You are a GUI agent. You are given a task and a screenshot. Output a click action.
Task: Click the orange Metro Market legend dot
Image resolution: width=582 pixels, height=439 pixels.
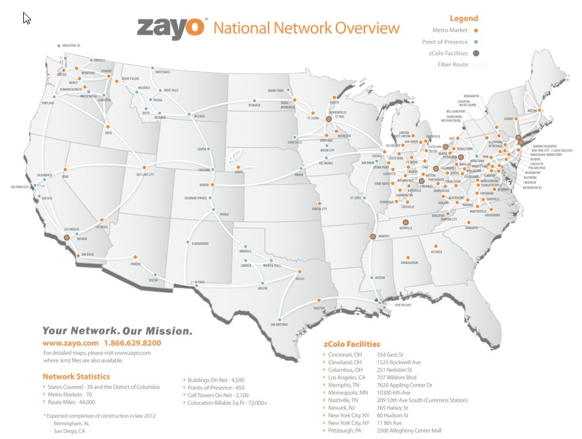(x=476, y=30)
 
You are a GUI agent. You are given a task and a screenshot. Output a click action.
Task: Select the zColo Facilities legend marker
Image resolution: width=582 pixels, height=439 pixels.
(x=476, y=53)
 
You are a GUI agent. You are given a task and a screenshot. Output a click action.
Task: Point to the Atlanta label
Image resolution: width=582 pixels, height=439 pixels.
(x=436, y=252)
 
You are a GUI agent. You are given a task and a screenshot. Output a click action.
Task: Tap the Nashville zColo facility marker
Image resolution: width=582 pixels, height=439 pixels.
(x=406, y=223)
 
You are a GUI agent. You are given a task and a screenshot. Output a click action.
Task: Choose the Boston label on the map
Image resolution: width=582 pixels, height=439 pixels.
(x=530, y=111)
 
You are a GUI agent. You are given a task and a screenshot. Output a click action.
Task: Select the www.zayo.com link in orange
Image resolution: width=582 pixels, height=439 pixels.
(x=71, y=344)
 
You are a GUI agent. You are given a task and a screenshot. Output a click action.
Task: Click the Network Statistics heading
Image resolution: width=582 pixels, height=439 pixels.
(x=72, y=376)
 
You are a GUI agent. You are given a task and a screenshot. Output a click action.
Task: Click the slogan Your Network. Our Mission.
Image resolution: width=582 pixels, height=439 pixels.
(x=117, y=330)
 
